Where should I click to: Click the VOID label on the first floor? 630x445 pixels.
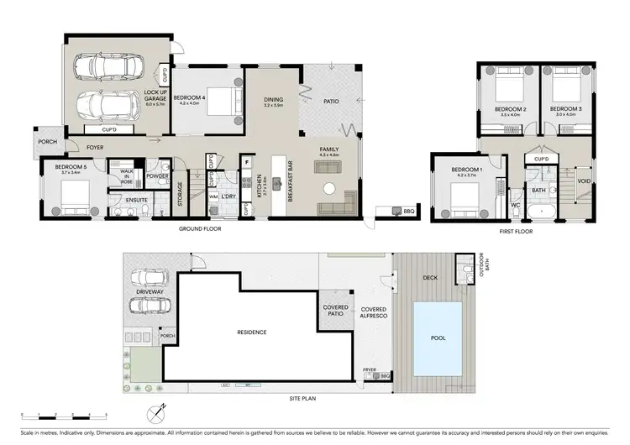pyautogui.click(x=584, y=181)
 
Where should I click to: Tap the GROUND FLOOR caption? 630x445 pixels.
pyautogui.click(x=199, y=228)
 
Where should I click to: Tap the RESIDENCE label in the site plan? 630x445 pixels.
pyautogui.click(x=251, y=332)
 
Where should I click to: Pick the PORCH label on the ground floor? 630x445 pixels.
pyautogui.click(x=47, y=142)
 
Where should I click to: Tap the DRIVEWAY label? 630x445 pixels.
pyautogui.click(x=139, y=292)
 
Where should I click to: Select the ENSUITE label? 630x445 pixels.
pyautogui.click(x=124, y=200)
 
